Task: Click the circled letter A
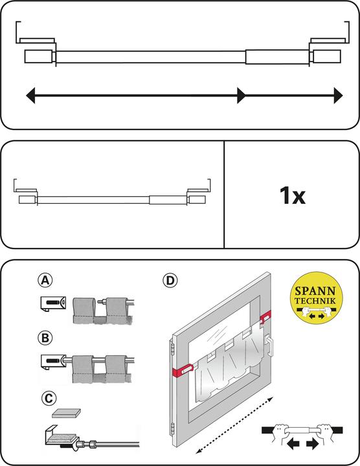(45, 281)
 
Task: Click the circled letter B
(45, 337)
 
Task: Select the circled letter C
(45, 394)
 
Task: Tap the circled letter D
(170, 281)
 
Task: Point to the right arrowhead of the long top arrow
(338, 96)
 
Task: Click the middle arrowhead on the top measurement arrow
(241, 96)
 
